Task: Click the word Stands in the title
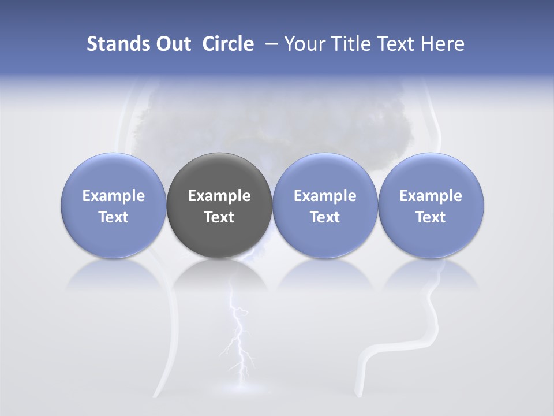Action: (113, 44)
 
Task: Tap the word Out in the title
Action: (171, 44)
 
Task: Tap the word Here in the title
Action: (443, 44)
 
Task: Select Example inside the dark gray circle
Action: (219, 196)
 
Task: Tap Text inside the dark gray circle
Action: (219, 217)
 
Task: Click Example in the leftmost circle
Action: (114, 196)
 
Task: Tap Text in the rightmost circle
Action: (431, 217)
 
